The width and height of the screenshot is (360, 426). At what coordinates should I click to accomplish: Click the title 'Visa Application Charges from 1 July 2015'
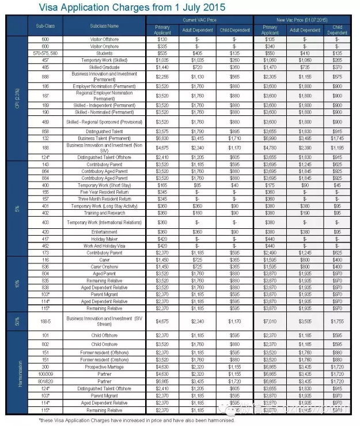point(132,8)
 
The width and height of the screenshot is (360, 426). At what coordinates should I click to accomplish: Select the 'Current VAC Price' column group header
point(199,20)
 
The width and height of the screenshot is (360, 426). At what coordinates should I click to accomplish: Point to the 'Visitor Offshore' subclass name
point(104,39)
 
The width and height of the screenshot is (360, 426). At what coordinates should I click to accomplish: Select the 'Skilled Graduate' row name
point(104,67)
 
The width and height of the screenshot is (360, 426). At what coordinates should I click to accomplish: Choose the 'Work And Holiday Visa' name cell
point(104,245)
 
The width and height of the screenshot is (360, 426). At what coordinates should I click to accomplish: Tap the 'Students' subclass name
point(104,52)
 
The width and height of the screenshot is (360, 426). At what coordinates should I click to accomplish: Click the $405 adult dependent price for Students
point(199,52)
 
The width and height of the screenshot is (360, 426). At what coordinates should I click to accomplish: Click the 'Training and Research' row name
point(104,213)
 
